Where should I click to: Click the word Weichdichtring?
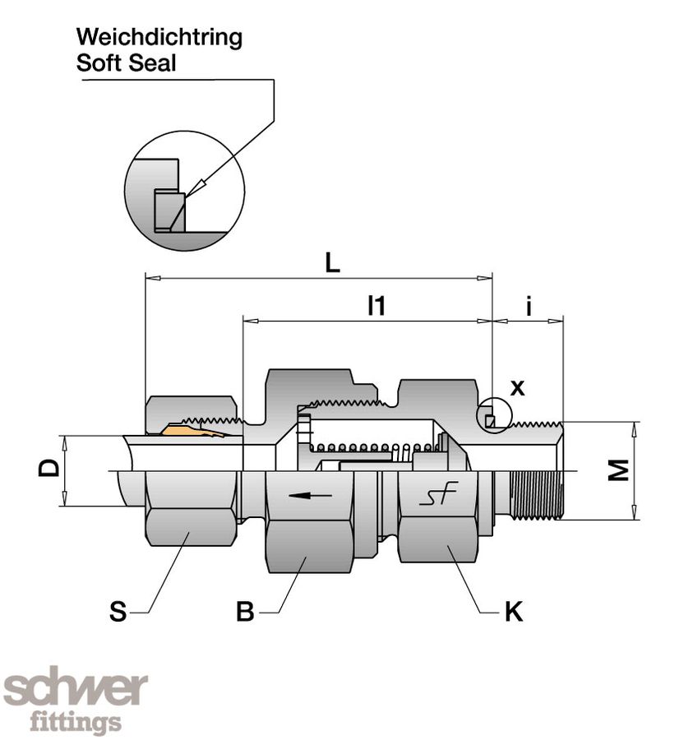point(159,38)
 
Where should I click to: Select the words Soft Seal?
point(126,63)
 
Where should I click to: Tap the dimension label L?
point(332,262)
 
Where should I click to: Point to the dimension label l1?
point(376,306)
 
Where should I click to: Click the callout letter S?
point(118,613)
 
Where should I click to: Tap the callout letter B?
point(245,613)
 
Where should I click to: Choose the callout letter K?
point(514,613)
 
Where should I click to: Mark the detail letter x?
point(517,388)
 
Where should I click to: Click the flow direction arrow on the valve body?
point(311,496)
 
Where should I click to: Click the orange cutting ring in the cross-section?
point(192,430)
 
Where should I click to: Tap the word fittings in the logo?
point(76,723)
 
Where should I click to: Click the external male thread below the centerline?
point(535,494)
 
